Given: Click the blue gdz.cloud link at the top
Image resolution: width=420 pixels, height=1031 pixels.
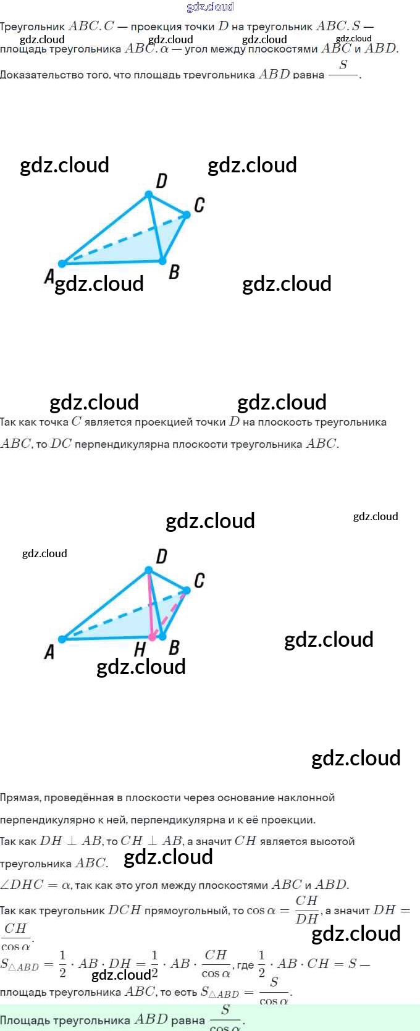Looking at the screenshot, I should pos(210,7).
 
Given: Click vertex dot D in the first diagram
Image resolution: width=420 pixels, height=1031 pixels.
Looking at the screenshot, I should pos(148,195).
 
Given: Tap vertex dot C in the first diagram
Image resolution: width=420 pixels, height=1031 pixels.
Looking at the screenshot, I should pos(187,215).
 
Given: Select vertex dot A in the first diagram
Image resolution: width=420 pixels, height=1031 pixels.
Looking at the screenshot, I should pos(62,264).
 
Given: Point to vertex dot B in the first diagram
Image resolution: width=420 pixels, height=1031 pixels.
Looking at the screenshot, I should pos(162,261).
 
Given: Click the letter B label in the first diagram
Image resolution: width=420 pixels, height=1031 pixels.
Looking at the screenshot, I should pos(174,272).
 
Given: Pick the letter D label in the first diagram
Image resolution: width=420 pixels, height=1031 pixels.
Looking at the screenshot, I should pos(161,180).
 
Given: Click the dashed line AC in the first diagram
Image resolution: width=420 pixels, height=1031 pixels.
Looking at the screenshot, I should pos(124,239).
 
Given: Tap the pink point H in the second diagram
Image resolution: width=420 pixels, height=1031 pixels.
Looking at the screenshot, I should pos(152,637).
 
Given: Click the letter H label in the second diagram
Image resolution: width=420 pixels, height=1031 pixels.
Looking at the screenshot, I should pos(140,649).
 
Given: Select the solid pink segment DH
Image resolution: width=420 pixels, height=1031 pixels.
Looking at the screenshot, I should pos(150,602).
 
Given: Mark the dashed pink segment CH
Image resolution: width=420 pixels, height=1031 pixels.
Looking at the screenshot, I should pos(170,612).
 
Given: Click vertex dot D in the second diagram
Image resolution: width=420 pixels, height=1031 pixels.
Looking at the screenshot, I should pos(148,570).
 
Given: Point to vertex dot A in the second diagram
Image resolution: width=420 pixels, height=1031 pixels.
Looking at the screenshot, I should pos(62,639).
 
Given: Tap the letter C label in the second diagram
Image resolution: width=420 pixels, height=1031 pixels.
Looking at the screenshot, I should pos(199,581).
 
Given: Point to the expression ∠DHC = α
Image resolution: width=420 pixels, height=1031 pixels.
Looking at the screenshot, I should pos(35,885).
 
